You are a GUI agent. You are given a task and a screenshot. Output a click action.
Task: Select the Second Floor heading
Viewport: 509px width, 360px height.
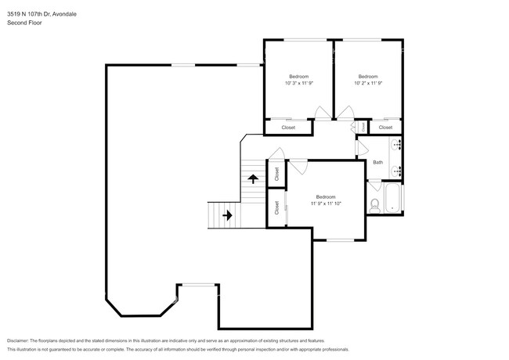point(24,23)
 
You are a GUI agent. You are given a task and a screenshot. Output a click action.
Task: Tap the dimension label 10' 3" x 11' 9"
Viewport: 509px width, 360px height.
point(298,83)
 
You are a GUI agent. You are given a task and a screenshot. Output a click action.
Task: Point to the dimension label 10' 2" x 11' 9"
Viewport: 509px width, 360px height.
point(368,83)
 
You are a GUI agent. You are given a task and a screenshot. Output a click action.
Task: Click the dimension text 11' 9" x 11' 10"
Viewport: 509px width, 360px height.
point(325,203)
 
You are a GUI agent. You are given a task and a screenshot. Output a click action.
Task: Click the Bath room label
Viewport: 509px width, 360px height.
point(377,163)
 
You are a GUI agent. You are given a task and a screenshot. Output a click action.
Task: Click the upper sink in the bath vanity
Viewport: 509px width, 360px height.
point(395,145)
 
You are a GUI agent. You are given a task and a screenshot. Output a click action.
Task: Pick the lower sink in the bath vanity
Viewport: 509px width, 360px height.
point(395,170)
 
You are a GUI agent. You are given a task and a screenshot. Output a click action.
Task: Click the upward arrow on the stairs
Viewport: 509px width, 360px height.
point(253,178)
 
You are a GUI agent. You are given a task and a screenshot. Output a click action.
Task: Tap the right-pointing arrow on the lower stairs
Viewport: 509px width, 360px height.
point(227,214)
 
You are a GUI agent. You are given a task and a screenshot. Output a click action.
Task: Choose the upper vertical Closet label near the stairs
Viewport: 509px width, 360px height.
point(276,173)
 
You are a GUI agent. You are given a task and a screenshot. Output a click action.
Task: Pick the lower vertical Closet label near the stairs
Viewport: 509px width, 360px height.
point(276,207)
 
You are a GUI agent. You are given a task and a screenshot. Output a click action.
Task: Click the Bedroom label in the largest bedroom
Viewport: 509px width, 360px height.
point(325,196)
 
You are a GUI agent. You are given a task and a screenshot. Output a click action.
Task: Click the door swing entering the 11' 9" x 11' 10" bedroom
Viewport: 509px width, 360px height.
point(298,166)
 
